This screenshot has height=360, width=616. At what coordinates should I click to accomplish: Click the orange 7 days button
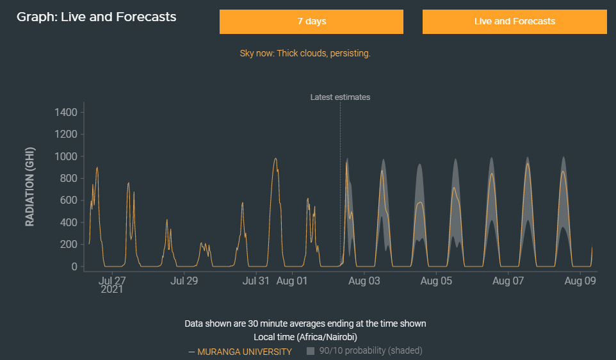pyautogui.click(x=311, y=21)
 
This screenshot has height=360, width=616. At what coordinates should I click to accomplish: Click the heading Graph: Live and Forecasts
pyautogui.click(x=97, y=17)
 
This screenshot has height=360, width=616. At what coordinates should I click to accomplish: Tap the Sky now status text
pyautogui.click(x=305, y=53)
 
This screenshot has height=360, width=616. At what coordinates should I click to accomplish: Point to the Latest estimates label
pyautogui.click(x=340, y=97)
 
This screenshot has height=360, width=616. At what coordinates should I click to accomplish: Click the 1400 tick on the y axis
pyautogui.click(x=66, y=113)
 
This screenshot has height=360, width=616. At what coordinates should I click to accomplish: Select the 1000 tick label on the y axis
pyautogui.click(x=66, y=156)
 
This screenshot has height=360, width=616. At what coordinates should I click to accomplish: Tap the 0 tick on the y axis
pyautogui.click(x=74, y=266)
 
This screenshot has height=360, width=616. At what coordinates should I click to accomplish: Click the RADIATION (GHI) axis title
pyautogui.click(x=30, y=186)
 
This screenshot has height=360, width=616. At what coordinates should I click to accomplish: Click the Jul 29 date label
pyautogui.click(x=184, y=280)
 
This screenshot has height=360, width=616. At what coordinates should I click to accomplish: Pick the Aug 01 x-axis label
pyautogui.click(x=293, y=280)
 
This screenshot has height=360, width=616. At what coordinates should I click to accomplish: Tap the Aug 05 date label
pyautogui.click(x=437, y=280)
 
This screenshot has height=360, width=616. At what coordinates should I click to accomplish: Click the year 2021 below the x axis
pyautogui.click(x=112, y=290)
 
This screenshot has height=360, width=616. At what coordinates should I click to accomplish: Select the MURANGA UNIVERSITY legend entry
pyautogui.click(x=244, y=352)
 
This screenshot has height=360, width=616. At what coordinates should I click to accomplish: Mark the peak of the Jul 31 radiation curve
pyautogui.click(x=275, y=158)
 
